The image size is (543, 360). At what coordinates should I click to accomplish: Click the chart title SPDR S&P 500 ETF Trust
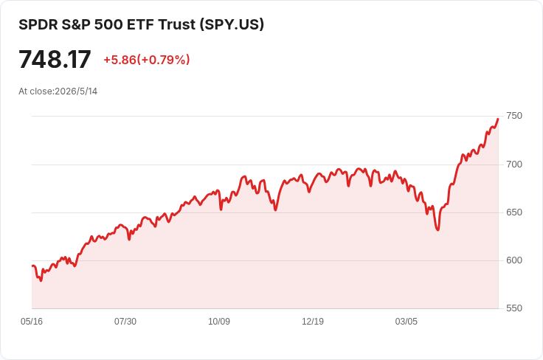coord(108,24)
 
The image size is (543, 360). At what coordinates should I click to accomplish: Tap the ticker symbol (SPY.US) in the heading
coord(232,24)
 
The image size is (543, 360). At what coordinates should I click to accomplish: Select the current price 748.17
coord(55,60)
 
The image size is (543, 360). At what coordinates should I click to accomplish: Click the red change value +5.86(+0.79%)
coord(147,60)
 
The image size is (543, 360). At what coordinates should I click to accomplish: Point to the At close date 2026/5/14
coord(76,91)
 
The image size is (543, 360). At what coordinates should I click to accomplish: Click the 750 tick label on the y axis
coord(514,116)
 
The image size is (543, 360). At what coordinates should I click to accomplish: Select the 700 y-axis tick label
coord(514,165)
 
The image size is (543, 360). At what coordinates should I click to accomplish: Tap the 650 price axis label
coord(514,212)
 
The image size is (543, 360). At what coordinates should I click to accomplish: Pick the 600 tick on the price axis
coord(514,260)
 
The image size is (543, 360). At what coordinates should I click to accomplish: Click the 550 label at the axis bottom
coord(514,308)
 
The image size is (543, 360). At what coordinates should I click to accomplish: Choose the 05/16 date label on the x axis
coord(32,322)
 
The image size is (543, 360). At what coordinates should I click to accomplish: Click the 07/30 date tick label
coord(125,322)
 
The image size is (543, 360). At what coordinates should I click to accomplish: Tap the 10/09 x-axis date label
coord(219,322)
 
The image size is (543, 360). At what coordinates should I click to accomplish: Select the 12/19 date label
coord(313,322)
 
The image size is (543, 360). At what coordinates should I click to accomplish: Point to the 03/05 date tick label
coord(407,322)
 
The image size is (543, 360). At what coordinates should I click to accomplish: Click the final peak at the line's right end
coord(498,119)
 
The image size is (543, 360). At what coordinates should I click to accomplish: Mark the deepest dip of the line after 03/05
coord(438,230)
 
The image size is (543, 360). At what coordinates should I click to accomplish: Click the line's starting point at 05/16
coord(32,266)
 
